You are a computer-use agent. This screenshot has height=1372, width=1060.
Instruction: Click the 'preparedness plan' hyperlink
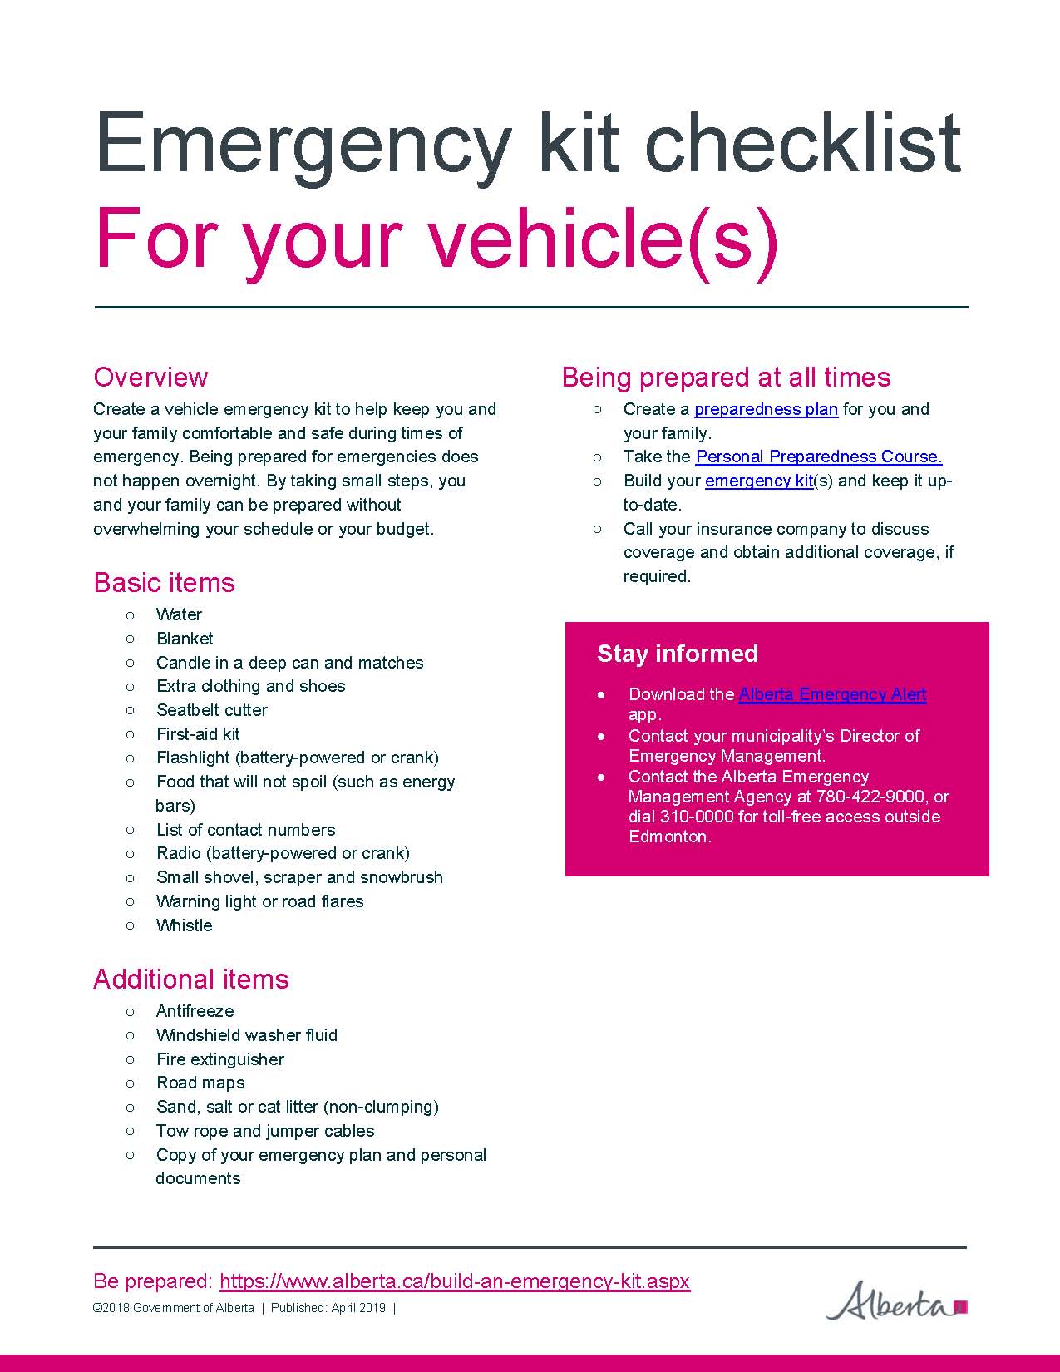[766, 409]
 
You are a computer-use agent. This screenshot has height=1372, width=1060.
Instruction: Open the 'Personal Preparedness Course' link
[819, 457]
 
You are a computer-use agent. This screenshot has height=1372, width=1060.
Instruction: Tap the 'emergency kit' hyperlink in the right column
[758, 481]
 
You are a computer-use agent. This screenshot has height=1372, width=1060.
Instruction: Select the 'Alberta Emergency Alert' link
[832, 694]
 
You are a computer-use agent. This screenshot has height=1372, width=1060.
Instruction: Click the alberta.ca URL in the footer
[455, 1281]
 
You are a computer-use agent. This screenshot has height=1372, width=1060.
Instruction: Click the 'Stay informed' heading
[678, 654]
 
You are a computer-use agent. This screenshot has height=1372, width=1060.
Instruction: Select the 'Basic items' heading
[164, 582]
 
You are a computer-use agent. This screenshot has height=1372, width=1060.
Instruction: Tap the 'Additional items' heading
[190, 979]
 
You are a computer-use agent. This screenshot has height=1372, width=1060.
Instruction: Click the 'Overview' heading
[150, 377]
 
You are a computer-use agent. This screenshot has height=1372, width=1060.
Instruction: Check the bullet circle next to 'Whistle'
[131, 925]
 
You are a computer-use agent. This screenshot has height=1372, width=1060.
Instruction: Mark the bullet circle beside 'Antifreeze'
[131, 1011]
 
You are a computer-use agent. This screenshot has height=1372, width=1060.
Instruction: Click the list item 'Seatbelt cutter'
[212, 710]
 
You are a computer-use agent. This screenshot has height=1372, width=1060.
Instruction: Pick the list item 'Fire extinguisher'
[220, 1059]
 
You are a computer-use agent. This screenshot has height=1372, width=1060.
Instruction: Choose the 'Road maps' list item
[200, 1083]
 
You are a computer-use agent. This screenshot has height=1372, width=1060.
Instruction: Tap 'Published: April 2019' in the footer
[328, 1308]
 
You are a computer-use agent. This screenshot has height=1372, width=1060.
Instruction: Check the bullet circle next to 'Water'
[131, 614]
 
